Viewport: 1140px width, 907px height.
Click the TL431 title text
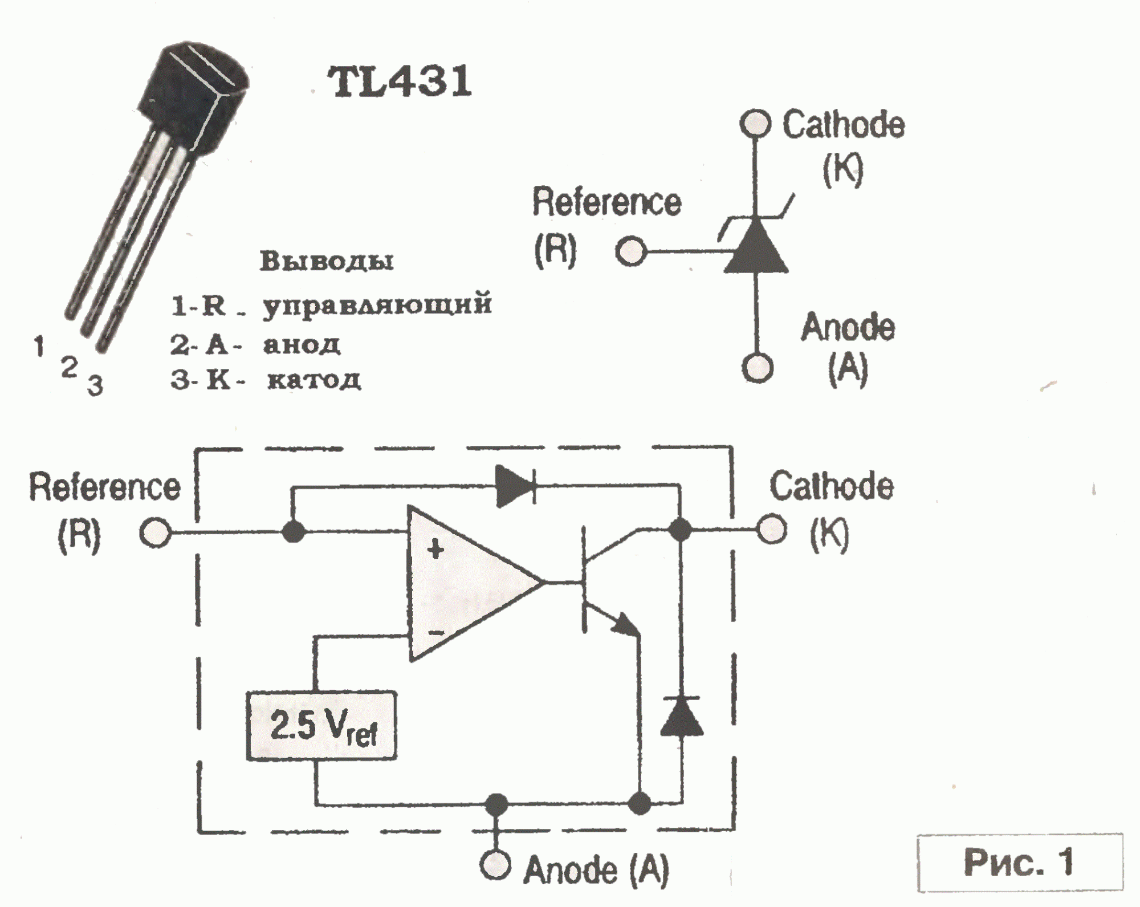400,82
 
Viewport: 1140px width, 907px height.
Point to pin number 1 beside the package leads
39,346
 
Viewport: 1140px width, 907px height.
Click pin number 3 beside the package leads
95,386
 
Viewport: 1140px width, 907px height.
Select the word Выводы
327,261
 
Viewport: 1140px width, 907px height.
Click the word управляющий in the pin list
377,304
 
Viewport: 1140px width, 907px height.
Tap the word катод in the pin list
314,380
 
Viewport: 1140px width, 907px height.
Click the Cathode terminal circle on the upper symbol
755,124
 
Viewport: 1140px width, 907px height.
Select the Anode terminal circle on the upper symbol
757,368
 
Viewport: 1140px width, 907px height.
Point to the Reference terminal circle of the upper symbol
630,251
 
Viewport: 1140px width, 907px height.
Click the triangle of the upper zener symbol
756,248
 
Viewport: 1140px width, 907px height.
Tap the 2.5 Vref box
321,726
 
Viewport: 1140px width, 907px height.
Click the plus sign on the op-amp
435,550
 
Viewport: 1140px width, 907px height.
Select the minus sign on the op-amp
436,632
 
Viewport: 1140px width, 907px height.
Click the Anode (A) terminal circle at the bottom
495,865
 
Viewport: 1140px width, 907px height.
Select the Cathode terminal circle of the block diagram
772,530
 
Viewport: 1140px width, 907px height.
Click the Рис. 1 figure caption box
1019,862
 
